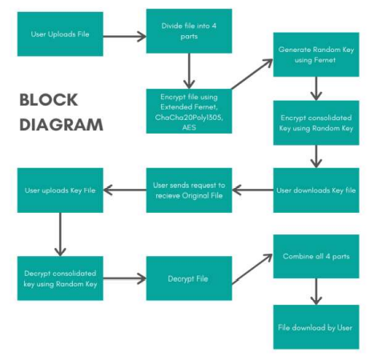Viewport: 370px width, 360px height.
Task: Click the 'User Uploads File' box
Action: pos(59,34)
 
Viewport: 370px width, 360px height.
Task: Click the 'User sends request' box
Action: pos(189,190)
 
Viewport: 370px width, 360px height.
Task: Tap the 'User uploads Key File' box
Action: pos(59,190)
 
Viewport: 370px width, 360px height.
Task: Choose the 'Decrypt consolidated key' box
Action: pos(59,277)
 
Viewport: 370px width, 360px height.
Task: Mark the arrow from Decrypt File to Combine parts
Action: pos(252,266)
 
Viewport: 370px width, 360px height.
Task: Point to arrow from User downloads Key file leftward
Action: pos(253,190)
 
